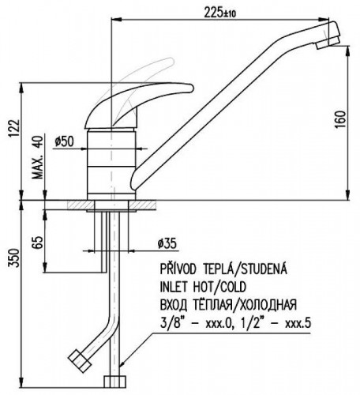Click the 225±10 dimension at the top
point(219,13)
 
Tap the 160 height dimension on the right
point(340,119)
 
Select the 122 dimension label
point(14,128)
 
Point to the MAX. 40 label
point(37,157)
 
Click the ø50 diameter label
point(64,141)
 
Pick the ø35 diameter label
point(167,243)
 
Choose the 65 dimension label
point(37,243)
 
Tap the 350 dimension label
point(14,258)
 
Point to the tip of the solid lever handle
point(193,88)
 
